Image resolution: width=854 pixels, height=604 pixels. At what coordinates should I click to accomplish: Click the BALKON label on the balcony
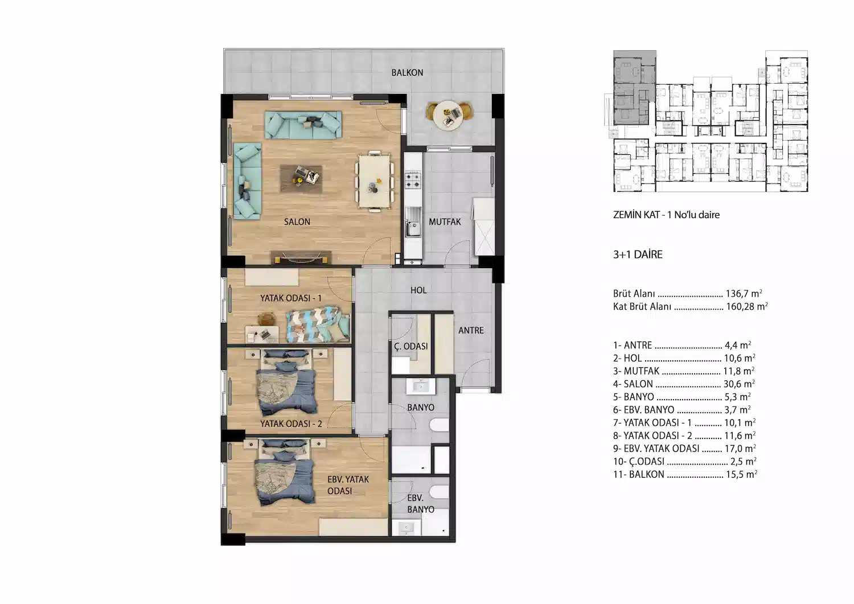tap(407, 72)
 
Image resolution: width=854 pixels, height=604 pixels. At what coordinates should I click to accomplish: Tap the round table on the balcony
tap(449, 115)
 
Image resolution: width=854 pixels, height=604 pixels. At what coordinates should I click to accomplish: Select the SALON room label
tap(297, 221)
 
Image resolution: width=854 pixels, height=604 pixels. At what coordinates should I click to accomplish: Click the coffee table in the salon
tap(301, 178)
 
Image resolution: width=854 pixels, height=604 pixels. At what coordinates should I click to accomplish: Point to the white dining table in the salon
tap(375, 181)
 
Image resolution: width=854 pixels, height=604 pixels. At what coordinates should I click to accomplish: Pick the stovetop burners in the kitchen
tap(413, 180)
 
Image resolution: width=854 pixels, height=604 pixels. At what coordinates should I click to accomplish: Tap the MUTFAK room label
tap(445, 221)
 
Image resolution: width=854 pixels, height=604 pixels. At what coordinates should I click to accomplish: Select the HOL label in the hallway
tap(418, 290)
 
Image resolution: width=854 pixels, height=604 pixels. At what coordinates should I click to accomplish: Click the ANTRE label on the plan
tap(471, 331)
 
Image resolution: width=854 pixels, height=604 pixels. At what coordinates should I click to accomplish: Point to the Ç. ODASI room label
tap(411, 346)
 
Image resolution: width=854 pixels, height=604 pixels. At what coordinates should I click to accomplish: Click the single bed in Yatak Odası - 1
tap(318, 325)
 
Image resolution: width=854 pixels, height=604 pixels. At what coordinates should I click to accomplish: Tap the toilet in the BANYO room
tap(440, 425)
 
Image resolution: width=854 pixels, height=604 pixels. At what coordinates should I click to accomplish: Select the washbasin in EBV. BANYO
tap(407, 528)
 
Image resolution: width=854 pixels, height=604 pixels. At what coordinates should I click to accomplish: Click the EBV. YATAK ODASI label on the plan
tap(348, 485)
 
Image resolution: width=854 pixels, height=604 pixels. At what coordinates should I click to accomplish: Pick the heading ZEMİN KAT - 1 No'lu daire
tap(666, 215)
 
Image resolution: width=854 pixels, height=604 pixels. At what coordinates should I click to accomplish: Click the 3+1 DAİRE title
tap(638, 254)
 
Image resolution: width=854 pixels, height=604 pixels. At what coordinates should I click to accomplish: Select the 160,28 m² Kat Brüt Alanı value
tap(747, 306)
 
